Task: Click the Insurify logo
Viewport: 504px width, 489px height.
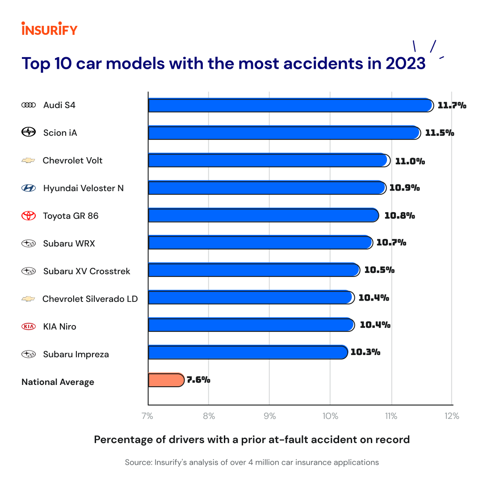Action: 49,29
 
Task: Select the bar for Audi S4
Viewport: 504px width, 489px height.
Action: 290,105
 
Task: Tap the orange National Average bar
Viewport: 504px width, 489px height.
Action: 166,380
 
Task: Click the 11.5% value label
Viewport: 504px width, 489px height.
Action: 439,133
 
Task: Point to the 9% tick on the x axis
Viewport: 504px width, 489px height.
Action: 269,416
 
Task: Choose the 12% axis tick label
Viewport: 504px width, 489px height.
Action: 452,416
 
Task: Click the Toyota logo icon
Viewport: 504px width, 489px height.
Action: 29,216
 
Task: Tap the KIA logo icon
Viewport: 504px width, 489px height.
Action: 29,326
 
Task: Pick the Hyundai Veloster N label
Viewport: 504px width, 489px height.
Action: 83,188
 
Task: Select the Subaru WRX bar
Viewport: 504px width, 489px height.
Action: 260,242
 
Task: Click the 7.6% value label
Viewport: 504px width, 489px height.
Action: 198,380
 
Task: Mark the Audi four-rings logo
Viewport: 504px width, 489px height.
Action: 29,105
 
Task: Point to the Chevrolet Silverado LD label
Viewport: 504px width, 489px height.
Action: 90,299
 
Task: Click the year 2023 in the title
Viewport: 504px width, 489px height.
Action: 405,63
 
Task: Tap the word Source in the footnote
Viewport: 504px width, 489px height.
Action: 138,462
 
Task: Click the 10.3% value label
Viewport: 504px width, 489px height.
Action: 365,352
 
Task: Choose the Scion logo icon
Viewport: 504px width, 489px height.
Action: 29,132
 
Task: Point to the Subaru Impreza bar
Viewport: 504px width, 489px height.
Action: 248,352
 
